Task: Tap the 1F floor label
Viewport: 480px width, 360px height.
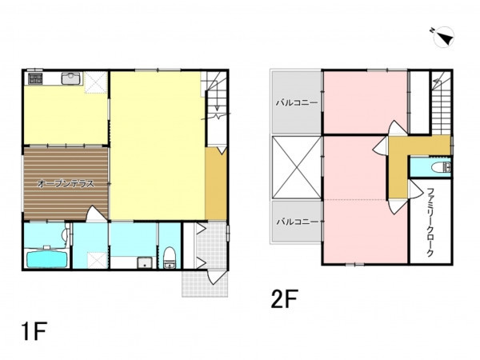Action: [34, 331]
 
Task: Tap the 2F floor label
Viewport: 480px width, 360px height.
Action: [284, 298]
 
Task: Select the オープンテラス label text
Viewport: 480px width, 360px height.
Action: [66, 183]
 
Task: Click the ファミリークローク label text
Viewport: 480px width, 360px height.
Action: [430, 222]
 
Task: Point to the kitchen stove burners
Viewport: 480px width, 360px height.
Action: [35, 78]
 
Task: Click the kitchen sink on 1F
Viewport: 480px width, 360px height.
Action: [71, 78]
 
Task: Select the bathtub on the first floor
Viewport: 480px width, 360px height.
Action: [47, 258]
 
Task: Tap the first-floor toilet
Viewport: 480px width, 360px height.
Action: [169, 258]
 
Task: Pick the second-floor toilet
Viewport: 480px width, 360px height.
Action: [441, 167]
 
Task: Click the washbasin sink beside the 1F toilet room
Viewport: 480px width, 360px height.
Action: [145, 262]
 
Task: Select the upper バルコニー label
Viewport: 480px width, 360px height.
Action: [297, 102]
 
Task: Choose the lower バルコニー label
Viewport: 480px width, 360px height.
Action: [298, 222]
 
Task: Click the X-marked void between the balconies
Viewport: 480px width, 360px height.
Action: [296, 167]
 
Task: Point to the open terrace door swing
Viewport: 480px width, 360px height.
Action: [95, 214]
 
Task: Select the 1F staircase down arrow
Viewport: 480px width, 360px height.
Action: [217, 98]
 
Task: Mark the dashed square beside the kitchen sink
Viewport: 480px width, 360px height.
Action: [95, 82]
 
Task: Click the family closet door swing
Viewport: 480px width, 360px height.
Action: [415, 189]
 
